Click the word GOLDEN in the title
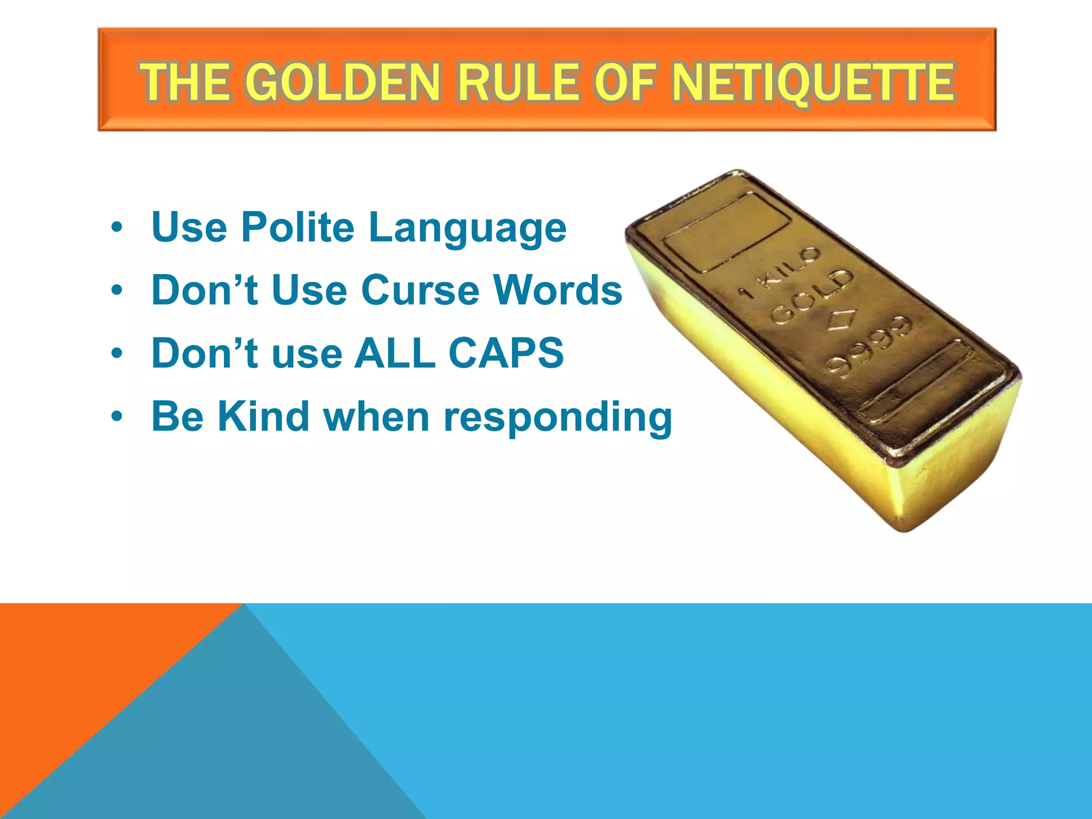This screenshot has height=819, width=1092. pyautogui.click(x=343, y=83)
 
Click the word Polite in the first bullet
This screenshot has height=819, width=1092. pyautogui.click(x=298, y=228)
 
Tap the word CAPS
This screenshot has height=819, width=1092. pyautogui.click(x=506, y=354)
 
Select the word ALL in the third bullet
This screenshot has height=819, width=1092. pyautogui.click(x=395, y=354)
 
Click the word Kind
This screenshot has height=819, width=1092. pyautogui.click(x=263, y=416)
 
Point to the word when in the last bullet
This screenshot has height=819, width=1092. pyautogui.click(x=376, y=416)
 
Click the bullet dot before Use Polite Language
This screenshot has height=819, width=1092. pyautogui.click(x=117, y=228)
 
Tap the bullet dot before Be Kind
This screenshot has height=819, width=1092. pyautogui.click(x=117, y=417)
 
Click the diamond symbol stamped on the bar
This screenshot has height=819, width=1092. pyautogui.click(x=842, y=321)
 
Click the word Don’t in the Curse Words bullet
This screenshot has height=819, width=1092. pyautogui.click(x=205, y=291)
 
